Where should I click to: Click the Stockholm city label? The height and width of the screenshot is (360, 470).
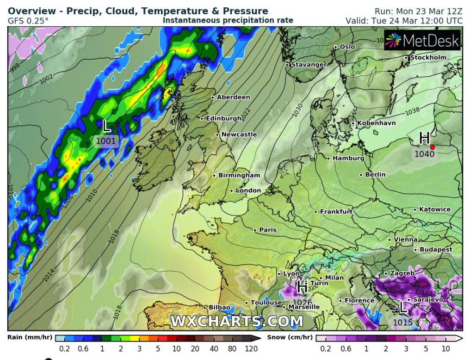point(428,57)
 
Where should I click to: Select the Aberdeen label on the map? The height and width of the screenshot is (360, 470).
point(233,97)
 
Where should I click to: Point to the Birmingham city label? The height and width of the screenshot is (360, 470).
point(239,176)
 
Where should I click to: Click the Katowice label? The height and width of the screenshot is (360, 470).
point(434,209)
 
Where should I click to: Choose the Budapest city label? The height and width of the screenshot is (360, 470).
point(436,250)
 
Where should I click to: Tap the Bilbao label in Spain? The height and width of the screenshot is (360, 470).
point(219,307)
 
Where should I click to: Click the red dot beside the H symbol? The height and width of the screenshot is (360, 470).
point(433,147)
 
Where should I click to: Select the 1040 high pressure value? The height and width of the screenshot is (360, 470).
point(424,154)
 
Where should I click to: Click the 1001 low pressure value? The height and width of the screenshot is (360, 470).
point(106,141)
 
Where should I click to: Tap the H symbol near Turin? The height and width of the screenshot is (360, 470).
point(303,288)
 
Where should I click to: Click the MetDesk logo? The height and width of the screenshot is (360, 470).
point(423,41)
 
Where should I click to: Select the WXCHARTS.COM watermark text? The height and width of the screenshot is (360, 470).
point(237,321)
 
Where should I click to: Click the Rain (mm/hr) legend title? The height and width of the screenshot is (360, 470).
point(30,337)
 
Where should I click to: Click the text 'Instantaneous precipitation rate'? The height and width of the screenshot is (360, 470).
point(228,20)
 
